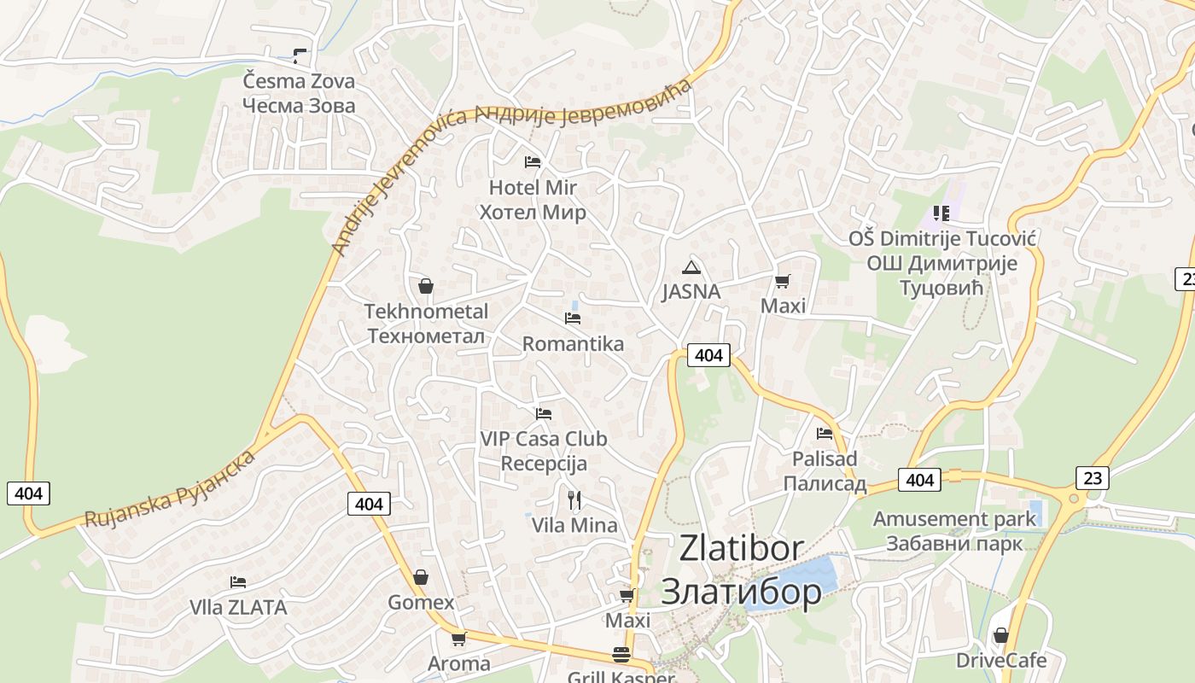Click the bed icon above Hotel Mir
click(x=533, y=161)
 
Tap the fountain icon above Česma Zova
click(x=299, y=56)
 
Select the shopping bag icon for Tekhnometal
click(x=426, y=286)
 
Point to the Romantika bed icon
click(x=573, y=318)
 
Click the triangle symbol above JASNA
click(x=691, y=266)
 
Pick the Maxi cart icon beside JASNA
click(x=783, y=281)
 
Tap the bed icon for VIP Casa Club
click(x=544, y=414)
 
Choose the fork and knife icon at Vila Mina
click(x=574, y=499)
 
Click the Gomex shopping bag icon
click(x=420, y=578)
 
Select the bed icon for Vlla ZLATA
click(x=238, y=582)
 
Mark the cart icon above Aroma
click(x=459, y=639)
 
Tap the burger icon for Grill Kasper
click(x=621, y=655)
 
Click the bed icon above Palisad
click(x=825, y=434)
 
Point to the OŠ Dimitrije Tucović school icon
click(x=941, y=213)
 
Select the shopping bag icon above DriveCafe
click(x=1001, y=635)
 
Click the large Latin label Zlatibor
click(x=741, y=548)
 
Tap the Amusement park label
click(x=954, y=519)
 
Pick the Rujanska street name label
click(x=129, y=511)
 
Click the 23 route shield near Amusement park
click(x=1093, y=477)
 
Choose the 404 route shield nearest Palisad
click(x=919, y=480)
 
